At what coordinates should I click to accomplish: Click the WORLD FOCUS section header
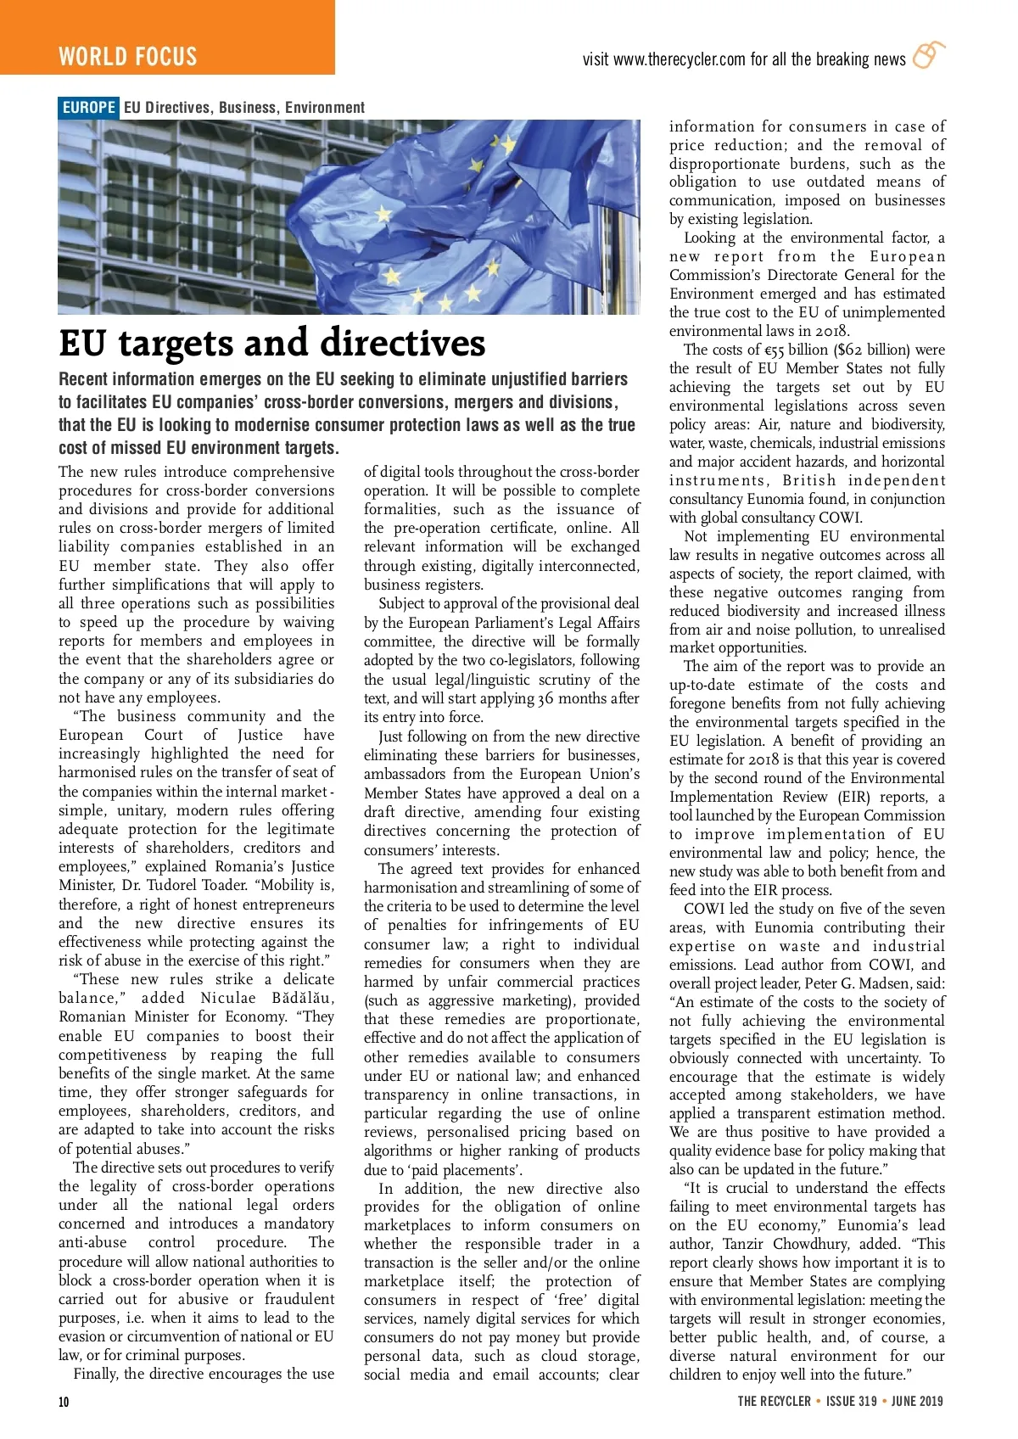click(x=128, y=57)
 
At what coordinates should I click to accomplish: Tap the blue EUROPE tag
click(x=89, y=108)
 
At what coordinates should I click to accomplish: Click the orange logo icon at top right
click(x=928, y=55)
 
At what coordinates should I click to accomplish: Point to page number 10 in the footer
click(x=64, y=1401)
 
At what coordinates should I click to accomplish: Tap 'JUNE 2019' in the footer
click(x=917, y=1401)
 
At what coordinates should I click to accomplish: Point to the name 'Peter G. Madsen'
click(x=900, y=983)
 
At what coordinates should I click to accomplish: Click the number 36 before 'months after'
click(x=546, y=698)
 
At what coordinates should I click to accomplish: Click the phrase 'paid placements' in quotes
click(x=463, y=1170)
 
